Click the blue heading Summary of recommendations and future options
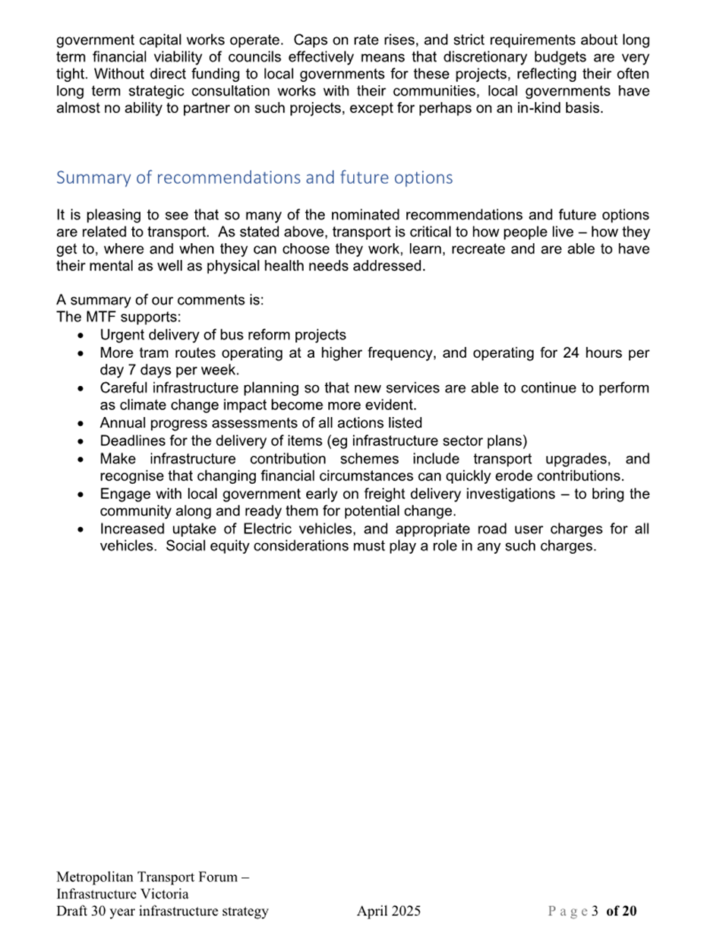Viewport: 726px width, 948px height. pyautogui.click(x=254, y=178)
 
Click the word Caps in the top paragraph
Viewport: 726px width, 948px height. pyautogui.click(x=309, y=40)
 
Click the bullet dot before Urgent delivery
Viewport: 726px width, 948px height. pyautogui.click(x=80, y=335)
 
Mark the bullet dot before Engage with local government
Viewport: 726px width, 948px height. pyautogui.click(x=80, y=494)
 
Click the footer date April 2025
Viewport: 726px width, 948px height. pyautogui.click(x=389, y=912)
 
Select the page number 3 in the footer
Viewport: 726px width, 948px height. pyautogui.click(x=595, y=912)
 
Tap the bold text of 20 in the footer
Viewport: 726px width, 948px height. pyautogui.click(x=622, y=912)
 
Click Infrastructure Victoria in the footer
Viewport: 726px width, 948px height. pyautogui.click(x=122, y=894)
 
